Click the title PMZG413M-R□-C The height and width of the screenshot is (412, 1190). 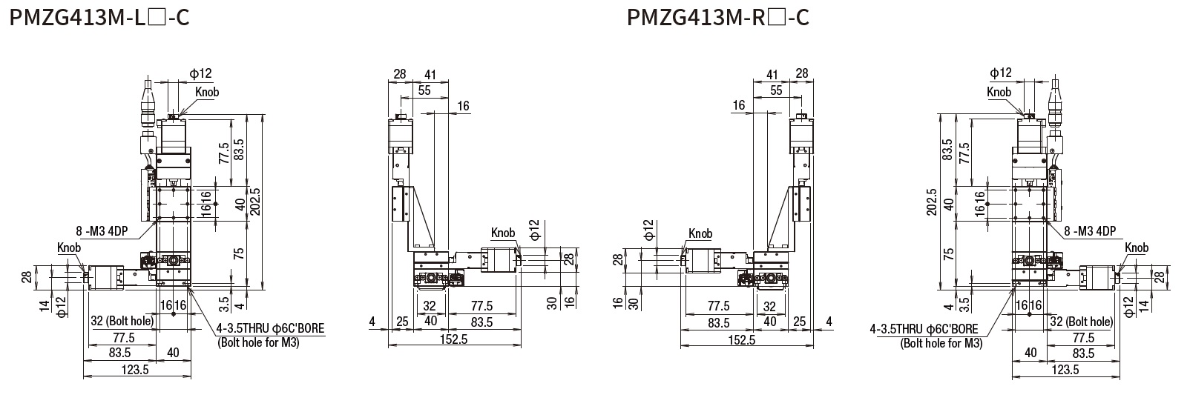click(x=718, y=17)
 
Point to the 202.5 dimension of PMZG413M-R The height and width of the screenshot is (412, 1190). click(x=932, y=201)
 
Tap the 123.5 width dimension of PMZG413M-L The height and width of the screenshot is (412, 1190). click(x=135, y=371)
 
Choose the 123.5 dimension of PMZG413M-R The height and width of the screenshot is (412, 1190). click(x=1065, y=371)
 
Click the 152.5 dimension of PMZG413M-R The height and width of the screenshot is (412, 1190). click(x=741, y=339)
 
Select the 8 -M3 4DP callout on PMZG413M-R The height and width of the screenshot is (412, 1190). click(x=1089, y=231)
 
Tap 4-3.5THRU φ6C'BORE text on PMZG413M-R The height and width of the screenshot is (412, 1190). click(x=924, y=329)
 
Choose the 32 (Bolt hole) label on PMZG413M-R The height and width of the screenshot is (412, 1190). click(x=1081, y=321)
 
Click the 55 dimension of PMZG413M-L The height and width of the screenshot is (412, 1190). click(x=424, y=90)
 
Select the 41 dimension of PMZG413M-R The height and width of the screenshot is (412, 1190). click(x=772, y=74)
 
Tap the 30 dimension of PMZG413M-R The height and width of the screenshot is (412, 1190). click(x=636, y=303)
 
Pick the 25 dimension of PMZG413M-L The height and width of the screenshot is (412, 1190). click(x=401, y=321)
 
